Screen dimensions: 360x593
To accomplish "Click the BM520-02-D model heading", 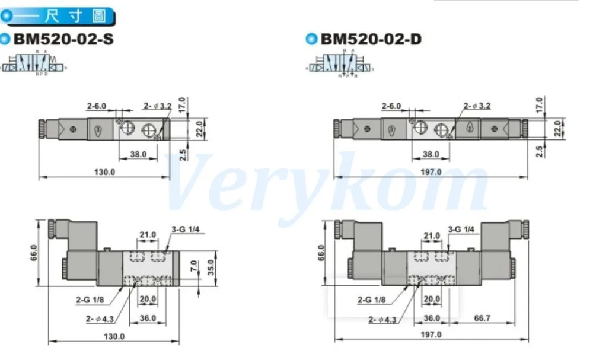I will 371,40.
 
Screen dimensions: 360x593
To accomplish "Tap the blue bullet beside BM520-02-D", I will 311,40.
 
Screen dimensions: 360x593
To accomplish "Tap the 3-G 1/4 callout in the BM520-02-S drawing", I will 182,228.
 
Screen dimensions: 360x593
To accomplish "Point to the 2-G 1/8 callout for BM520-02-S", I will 91,300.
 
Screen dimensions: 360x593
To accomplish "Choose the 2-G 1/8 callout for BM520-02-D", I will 371,300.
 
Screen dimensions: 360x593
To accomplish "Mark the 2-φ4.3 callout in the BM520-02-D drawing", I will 382,319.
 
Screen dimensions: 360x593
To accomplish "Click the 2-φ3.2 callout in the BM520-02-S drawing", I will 157,106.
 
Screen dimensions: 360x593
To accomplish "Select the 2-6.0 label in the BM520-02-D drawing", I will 391,106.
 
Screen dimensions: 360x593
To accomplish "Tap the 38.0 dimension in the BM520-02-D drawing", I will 431,154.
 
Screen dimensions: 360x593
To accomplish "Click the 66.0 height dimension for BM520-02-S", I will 34,253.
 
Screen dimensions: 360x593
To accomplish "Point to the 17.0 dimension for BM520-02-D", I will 538,104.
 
